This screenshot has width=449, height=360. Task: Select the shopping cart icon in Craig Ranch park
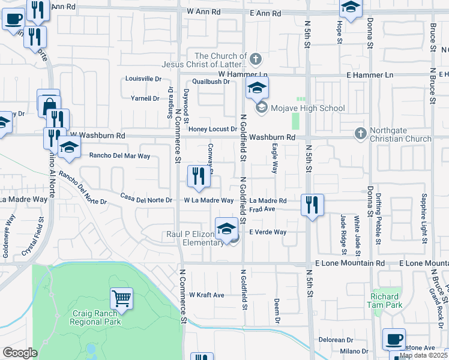pos(121,298)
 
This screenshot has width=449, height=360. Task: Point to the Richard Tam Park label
pos(385,301)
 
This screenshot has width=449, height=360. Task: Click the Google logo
pos(19,353)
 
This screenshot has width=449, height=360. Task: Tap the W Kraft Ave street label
pos(206,295)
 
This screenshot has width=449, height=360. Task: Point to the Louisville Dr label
pos(143,79)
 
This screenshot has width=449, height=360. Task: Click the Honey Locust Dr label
pos(212,129)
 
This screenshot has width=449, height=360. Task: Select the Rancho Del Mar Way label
pos(119,155)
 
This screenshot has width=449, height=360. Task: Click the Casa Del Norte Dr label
pos(146,197)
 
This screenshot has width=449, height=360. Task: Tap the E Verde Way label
pos(268,232)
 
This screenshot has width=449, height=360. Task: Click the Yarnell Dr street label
pos(146,98)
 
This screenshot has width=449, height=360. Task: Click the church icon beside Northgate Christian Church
pos(360,132)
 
